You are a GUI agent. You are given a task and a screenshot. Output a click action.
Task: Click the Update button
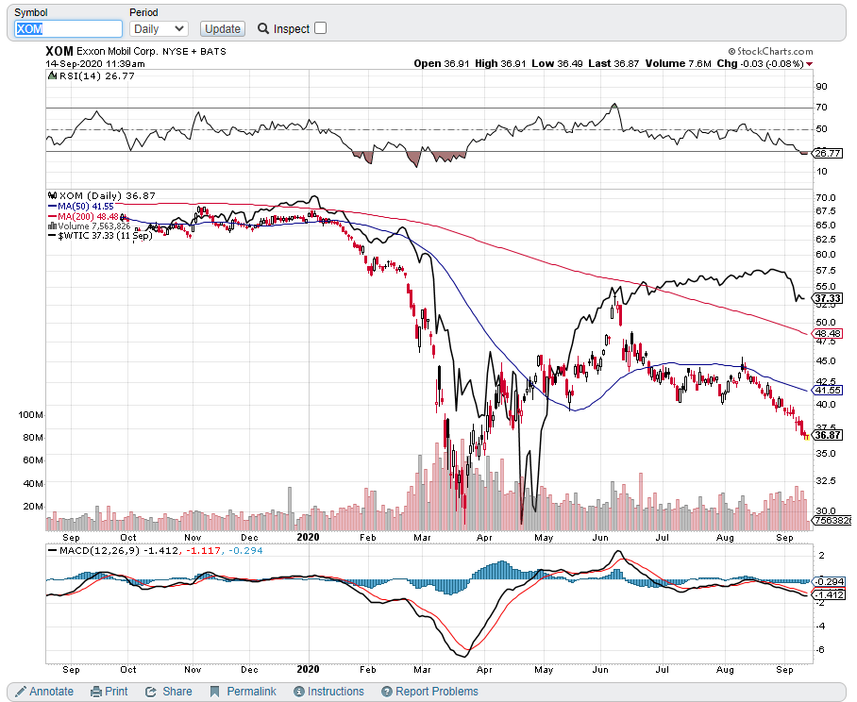click(x=223, y=29)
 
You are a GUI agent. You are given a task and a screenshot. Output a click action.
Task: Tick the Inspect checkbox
click(x=320, y=28)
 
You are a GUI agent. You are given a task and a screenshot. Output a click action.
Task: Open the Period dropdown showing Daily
click(x=159, y=29)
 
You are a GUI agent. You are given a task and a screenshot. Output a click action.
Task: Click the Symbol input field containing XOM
click(x=68, y=29)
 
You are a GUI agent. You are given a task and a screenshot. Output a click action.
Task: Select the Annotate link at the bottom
click(x=44, y=692)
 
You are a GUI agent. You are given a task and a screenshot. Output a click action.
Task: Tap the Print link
click(x=109, y=692)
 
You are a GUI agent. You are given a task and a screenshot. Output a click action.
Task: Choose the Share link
click(x=169, y=692)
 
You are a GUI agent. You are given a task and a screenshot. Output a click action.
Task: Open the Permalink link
click(x=244, y=692)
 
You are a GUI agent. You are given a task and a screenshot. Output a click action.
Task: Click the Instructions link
click(x=328, y=692)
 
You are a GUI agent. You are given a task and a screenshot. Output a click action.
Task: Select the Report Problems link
click(x=430, y=692)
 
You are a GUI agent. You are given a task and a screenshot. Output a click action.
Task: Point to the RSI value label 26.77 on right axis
click(x=828, y=153)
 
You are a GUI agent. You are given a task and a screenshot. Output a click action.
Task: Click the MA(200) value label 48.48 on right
click(x=828, y=334)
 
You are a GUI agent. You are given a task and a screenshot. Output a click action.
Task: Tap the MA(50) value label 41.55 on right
click(x=828, y=390)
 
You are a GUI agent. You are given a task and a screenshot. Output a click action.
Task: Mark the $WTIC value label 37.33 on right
click(x=828, y=298)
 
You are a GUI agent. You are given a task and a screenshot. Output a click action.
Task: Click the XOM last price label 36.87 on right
click(x=828, y=435)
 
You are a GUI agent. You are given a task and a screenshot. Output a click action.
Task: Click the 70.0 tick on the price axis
click(x=828, y=196)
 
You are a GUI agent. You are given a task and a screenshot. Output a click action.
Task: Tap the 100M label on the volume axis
click(x=31, y=414)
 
